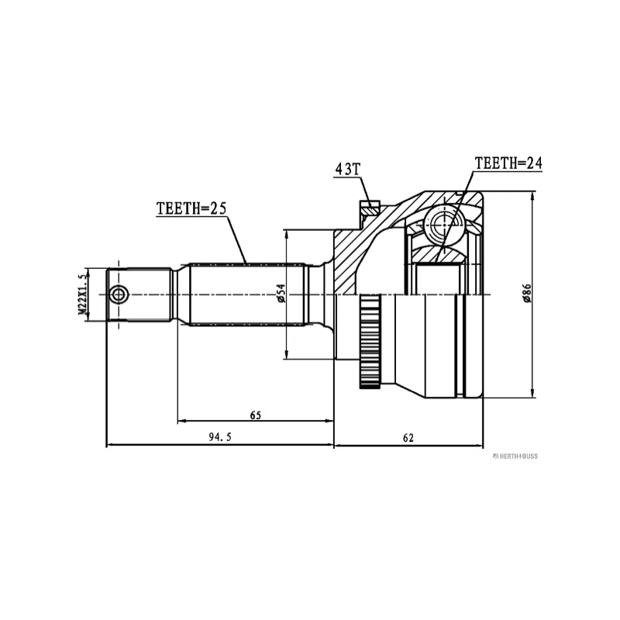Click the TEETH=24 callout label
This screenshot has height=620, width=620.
pyautogui.click(x=508, y=163)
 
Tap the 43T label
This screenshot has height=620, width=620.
pyautogui.click(x=348, y=169)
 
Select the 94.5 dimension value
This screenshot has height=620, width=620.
pyautogui.click(x=220, y=437)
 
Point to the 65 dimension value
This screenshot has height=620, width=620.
pyautogui.click(x=256, y=415)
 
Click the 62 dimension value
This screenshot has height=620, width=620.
pyautogui.click(x=408, y=437)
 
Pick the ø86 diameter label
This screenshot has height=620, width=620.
pyautogui.click(x=527, y=294)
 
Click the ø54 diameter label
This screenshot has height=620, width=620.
pyautogui.click(x=281, y=294)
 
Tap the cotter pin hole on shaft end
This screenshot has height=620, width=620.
pyautogui.click(x=118, y=294)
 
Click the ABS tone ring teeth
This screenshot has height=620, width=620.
pyautogui.click(x=370, y=341)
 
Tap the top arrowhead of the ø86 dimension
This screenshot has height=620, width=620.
pyautogui.click(x=532, y=195)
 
